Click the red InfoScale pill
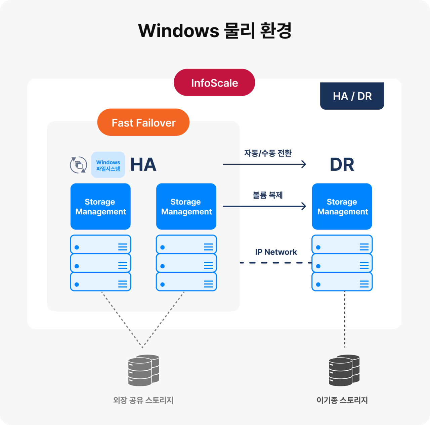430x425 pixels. point(214,83)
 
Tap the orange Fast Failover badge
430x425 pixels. point(143,122)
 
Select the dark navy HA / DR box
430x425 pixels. point(352,96)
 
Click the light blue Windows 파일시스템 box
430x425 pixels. point(108,165)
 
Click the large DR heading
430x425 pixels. point(342,165)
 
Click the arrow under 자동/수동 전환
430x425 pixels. point(264,164)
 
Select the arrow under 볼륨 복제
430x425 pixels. point(264,206)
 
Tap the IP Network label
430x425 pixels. point(276,252)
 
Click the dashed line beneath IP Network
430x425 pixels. point(276,263)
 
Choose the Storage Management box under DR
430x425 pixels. point(342,206)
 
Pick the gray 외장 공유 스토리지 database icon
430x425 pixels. point(143,370)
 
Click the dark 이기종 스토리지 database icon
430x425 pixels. point(344,370)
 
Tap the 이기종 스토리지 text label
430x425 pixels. point(342,400)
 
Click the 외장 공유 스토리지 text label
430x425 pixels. point(143,400)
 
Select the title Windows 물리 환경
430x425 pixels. point(215,31)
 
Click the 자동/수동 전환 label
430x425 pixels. point(267,153)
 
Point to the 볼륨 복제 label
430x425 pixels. point(267,195)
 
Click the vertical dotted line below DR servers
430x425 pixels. point(345,319)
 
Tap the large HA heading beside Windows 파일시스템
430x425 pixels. point(143,165)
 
